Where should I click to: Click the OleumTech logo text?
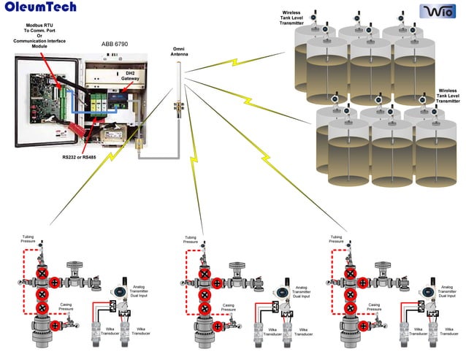(x=39, y=9)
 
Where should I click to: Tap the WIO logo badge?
(x=436, y=10)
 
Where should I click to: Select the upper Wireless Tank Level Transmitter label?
(x=291, y=18)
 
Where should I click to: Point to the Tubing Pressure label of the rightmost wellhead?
(x=337, y=239)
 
